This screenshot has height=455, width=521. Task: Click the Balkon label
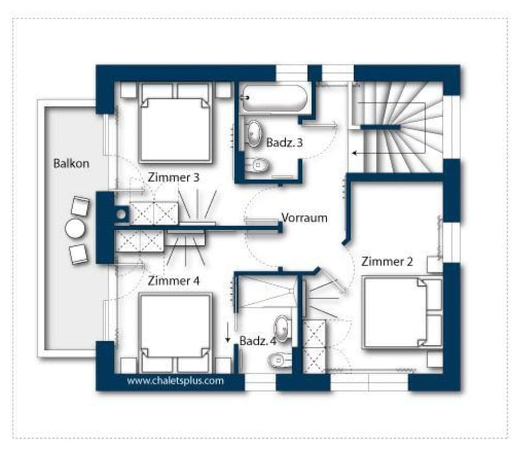pyautogui.click(x=71, y=163)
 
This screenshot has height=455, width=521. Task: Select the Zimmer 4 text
pyautogui.click(x=174, y=281)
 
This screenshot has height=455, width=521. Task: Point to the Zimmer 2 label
pyautogui.click(x=387, y=262)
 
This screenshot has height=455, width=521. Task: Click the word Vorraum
pyautogui.click(x=304, y=218)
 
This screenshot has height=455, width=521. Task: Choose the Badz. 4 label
pyautogui.click(x=258, y=341)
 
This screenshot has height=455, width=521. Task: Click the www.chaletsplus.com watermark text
pyautogui.click(x=175, y=381)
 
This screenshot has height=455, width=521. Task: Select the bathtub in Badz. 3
pyautogui.click(x=274, y=98)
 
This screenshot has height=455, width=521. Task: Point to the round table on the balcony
pyautogui.click(x=75, y=229)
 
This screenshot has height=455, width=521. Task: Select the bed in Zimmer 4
pyautogui.click(x=174, y=326)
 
